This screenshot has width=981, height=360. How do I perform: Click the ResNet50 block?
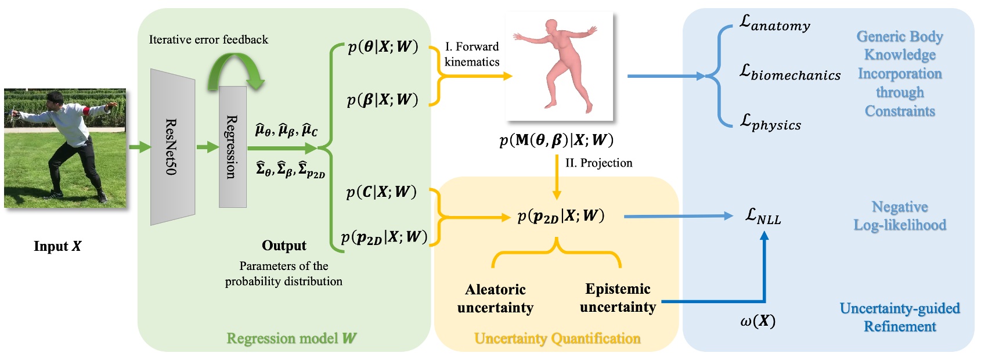172,147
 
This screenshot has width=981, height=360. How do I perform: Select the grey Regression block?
232,147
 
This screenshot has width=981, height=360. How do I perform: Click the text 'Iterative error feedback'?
208,39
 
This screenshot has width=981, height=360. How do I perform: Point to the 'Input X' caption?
57,246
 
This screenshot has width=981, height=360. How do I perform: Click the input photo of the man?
65,148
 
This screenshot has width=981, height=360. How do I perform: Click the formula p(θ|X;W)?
383,46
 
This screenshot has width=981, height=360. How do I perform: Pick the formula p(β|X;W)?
383,99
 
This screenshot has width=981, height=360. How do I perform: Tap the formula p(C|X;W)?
381,192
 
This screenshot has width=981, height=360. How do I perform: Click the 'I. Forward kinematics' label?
472,54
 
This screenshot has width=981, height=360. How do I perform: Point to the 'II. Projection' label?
598,163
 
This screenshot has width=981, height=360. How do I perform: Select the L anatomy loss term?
774,24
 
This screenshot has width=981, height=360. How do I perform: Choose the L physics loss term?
770,123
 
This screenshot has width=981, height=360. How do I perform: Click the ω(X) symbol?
758,321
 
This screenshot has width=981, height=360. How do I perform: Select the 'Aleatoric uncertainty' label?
495,298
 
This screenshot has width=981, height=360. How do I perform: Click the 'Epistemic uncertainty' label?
618,298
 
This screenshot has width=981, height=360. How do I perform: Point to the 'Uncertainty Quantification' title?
557,339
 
